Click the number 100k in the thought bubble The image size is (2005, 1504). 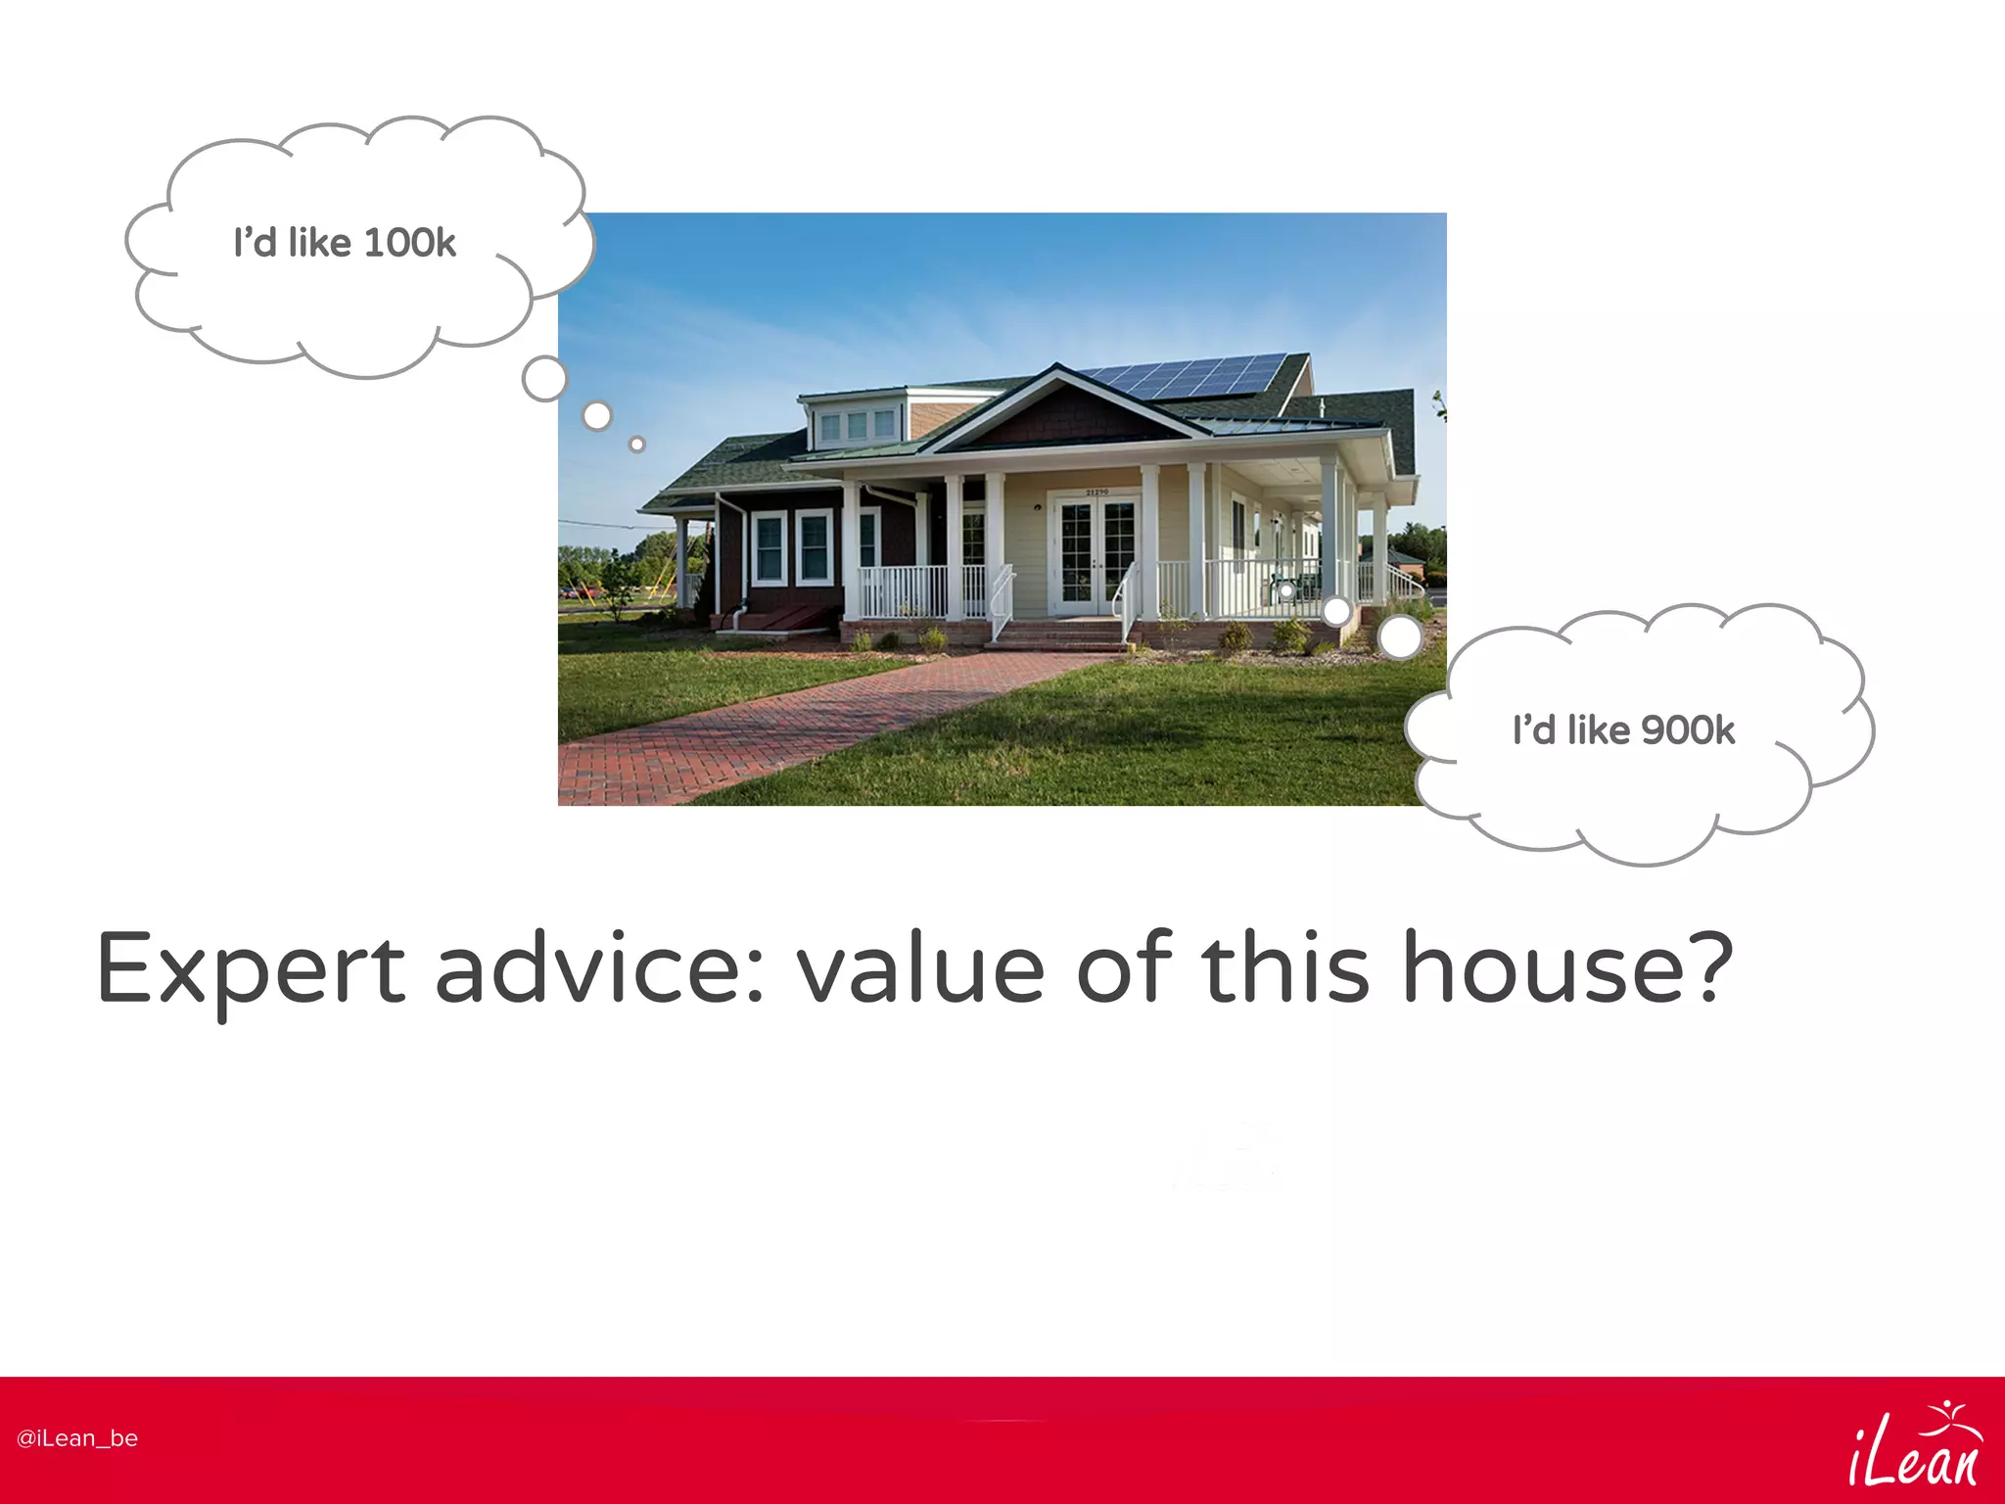[x=409, y=243]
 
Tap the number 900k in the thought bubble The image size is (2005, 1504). [x=1688, y=730]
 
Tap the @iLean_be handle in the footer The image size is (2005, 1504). [x=77, y=1438]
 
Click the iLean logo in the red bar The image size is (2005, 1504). [x=1914, y=1443]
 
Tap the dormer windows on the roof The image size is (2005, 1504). [x=858, y=425]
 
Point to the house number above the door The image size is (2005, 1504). [x=1096, y=492]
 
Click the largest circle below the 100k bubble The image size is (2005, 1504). [x=544, y=379]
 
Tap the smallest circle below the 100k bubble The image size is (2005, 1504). [x=637, y=445]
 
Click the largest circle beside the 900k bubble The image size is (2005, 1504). [x=1400, y=637]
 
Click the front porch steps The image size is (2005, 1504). [x=1057, y=634]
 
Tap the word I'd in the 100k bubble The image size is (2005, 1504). [x=255, y=243]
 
